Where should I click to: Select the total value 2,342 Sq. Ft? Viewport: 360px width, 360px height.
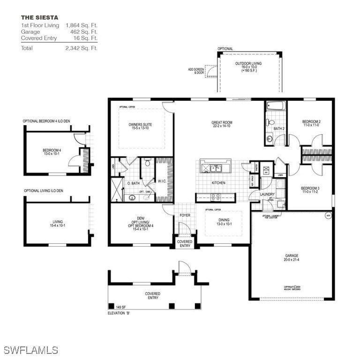[x=81, y=48]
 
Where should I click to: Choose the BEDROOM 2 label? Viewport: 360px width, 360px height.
[x=311, y=124]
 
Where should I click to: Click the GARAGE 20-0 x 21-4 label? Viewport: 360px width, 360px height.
[x=292, y=258]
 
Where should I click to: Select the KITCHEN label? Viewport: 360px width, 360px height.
[x=218, y=183]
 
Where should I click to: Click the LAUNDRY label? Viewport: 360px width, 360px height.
[x=267, y=194]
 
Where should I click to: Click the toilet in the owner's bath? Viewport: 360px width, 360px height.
[x=147, y=164]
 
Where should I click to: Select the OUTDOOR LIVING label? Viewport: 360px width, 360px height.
[x=248, y=65]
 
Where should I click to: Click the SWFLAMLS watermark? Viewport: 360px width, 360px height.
[x=31, y=350]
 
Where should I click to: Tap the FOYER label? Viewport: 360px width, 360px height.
[x=185, y=215]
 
